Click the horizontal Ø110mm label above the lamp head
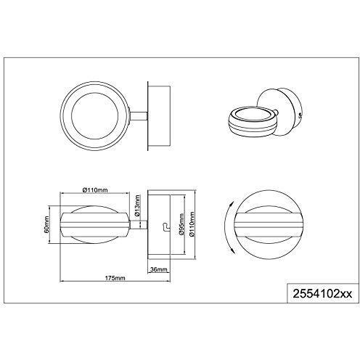tap(96, 191)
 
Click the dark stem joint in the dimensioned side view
tap(136, 227)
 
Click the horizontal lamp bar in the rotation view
tap(267, 226)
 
